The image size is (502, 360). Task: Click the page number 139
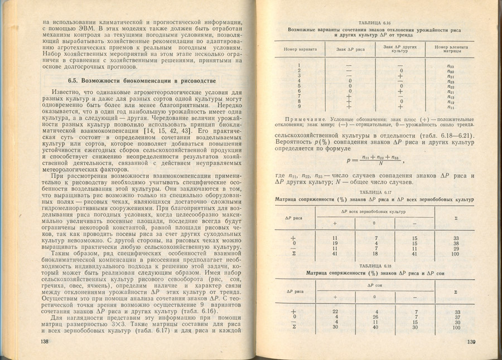click(471, 342)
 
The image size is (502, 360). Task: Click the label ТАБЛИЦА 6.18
click(377, 266)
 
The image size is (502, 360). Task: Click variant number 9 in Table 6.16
click(300, 106)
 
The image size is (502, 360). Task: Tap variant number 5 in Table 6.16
click(300, 86)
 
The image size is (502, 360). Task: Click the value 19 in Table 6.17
click(335, 243)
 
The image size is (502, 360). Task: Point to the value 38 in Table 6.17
click(456, 244)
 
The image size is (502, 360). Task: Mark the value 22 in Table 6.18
click(335, 312)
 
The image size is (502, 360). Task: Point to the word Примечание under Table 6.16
click(305, 120)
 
